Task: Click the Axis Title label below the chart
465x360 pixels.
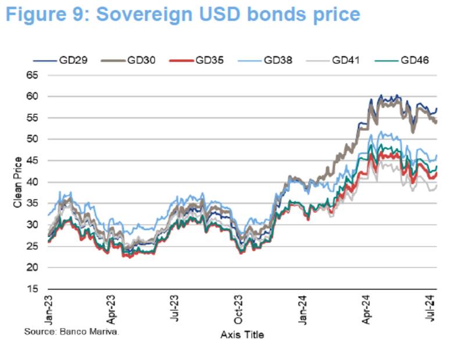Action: click(x=243, y=336)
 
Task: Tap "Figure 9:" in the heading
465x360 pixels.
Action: click(x=46, y=14)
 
